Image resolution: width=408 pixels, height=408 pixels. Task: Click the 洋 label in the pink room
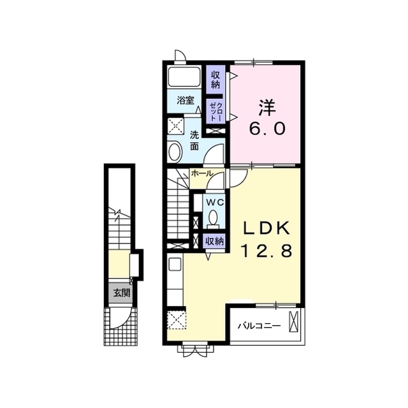(267, 108)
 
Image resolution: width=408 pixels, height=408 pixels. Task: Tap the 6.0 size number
(268, 129)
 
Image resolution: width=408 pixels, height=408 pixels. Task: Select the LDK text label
(266, 228)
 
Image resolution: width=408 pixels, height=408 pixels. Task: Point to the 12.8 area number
(267, 251)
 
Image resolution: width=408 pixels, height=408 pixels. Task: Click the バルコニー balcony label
(259, 326)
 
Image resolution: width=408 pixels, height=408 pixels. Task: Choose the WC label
(215, 203)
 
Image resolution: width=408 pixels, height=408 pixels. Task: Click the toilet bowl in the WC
(214, 217)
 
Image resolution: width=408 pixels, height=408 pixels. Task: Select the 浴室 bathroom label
(186, 101)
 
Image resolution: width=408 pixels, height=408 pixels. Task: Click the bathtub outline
(184, 77)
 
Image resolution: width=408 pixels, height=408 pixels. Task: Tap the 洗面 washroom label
(194, 140)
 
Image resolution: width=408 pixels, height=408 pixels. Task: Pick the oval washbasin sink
(175, 152)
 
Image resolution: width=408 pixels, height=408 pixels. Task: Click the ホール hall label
(203, 173)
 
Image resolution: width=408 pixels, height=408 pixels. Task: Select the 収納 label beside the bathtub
(215, 80)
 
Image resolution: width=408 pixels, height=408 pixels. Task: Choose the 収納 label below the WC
(215, 241)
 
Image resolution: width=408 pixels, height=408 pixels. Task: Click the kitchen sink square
(175, 264)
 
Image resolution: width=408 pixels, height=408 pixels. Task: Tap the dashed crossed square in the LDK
(177, 320)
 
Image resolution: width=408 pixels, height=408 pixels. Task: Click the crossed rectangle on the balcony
(294, 321)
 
